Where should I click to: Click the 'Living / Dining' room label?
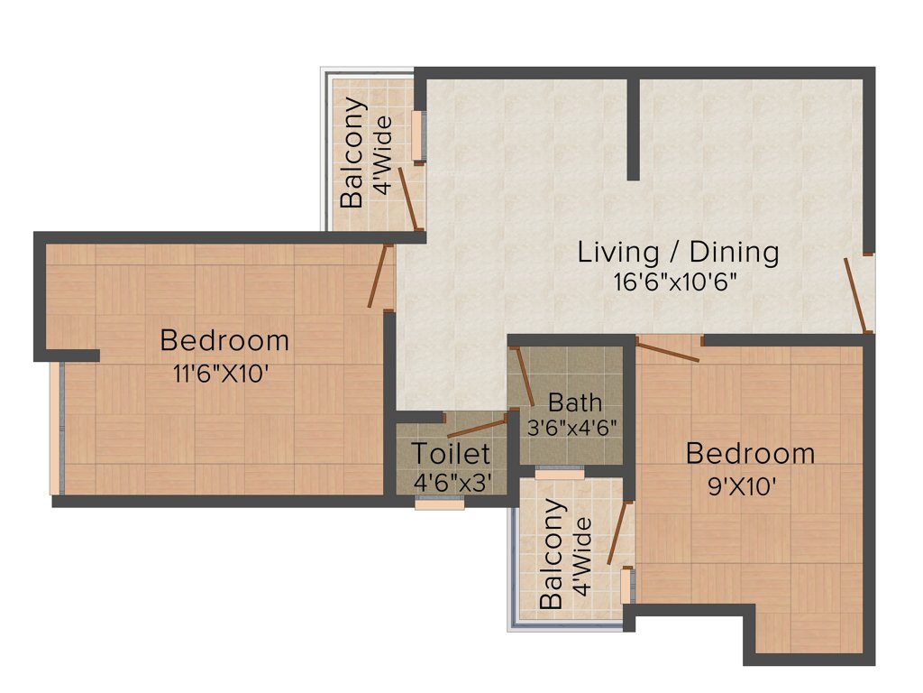point(678,252)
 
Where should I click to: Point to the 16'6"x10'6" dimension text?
point(675,282)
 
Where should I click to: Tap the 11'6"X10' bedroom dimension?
point(222,373)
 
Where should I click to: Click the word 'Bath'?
point(574,402)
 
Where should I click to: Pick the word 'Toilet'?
point(451,453)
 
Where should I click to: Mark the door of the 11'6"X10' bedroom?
point(379,276)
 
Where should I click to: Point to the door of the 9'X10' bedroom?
point(667,350)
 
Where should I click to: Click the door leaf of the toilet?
point(478,428)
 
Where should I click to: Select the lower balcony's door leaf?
point(617,533)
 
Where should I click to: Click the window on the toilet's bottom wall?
point(440,504)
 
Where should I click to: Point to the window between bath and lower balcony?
point(559,472)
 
